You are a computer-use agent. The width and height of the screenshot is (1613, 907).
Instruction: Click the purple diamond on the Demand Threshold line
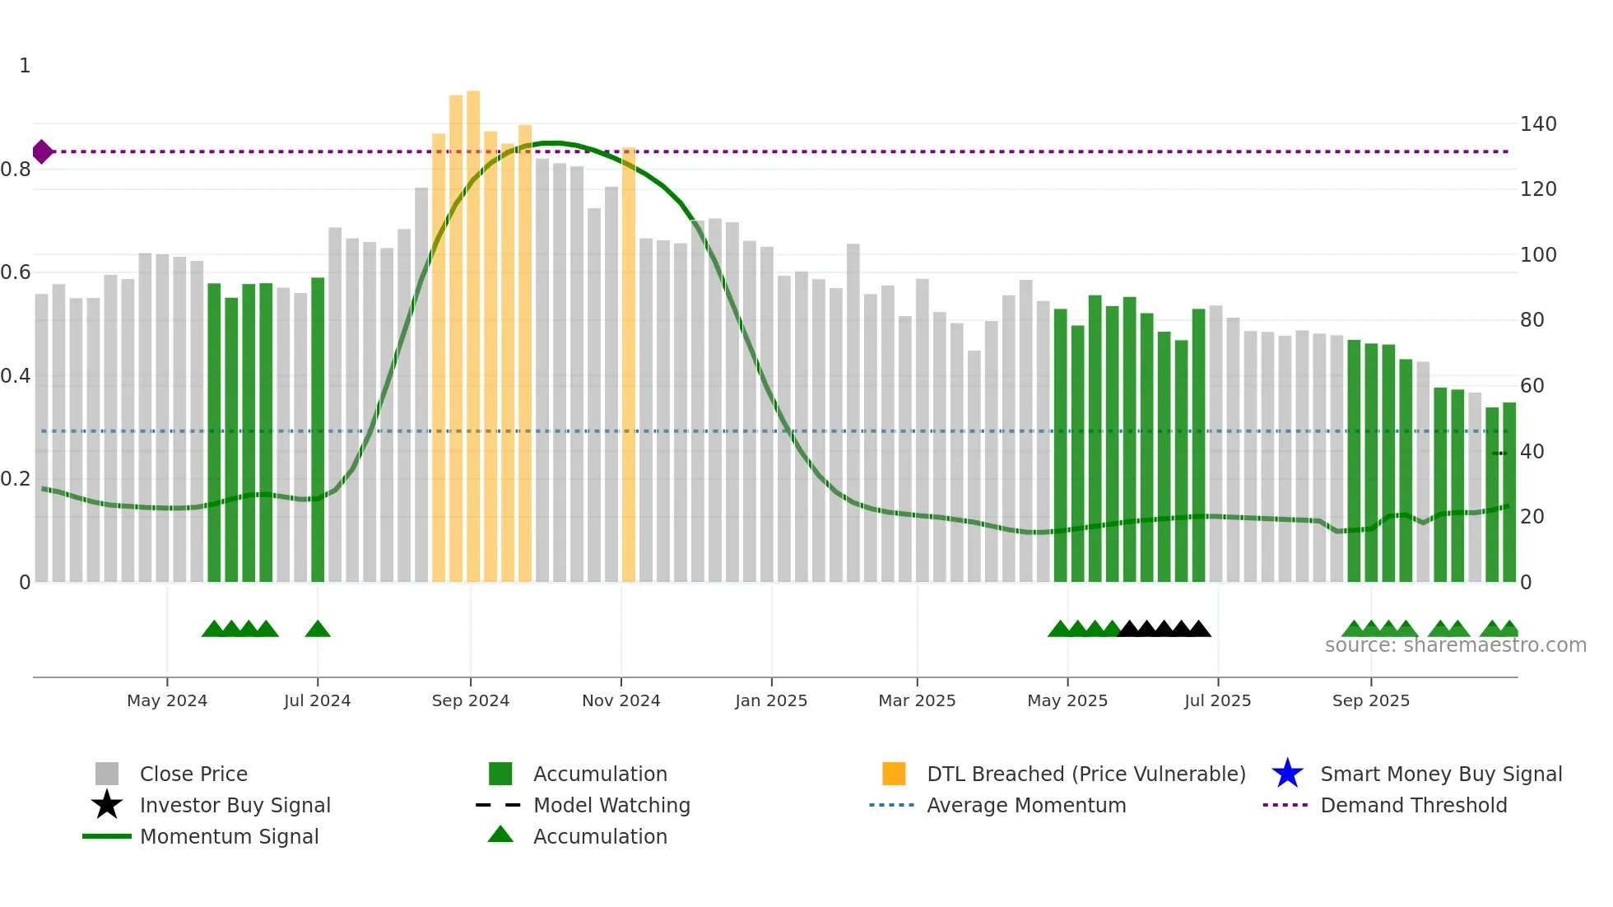tap(42, 151)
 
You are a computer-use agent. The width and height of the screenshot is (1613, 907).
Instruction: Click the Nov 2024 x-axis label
tap(621, 700)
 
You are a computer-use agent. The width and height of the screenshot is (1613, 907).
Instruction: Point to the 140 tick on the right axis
tap(1537, 124)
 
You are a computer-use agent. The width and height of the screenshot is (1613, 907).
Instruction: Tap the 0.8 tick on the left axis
tap(16, 170)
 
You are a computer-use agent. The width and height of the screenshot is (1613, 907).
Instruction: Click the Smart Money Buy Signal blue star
tap(1287, 774)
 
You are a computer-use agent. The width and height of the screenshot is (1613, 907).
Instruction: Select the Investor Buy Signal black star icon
tap(107, 805)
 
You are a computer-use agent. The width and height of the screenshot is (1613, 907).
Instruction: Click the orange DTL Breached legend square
tap(894, 774)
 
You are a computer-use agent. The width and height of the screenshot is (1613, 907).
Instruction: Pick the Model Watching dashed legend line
tap(499, 805)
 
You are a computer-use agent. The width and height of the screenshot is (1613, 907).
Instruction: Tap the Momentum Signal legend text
tap(229, 836)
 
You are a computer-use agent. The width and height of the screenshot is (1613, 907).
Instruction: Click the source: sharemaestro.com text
tap(1455, 645)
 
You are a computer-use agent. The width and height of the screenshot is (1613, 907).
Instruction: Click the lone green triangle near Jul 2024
tap(318, 630)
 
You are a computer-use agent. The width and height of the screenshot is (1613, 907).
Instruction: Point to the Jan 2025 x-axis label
tap(771, 700)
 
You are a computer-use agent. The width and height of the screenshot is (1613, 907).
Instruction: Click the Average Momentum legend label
tap(1026, 805)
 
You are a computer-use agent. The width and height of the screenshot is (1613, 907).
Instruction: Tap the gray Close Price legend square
tap(107, 774)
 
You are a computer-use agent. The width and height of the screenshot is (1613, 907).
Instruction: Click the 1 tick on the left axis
tap(25, 66)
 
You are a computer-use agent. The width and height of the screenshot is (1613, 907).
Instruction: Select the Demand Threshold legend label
tap(1413, 805)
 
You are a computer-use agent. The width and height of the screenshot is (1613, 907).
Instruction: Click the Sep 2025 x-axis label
tap(1370, 700)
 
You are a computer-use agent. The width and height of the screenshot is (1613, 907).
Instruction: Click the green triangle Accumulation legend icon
tap(500, 835)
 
